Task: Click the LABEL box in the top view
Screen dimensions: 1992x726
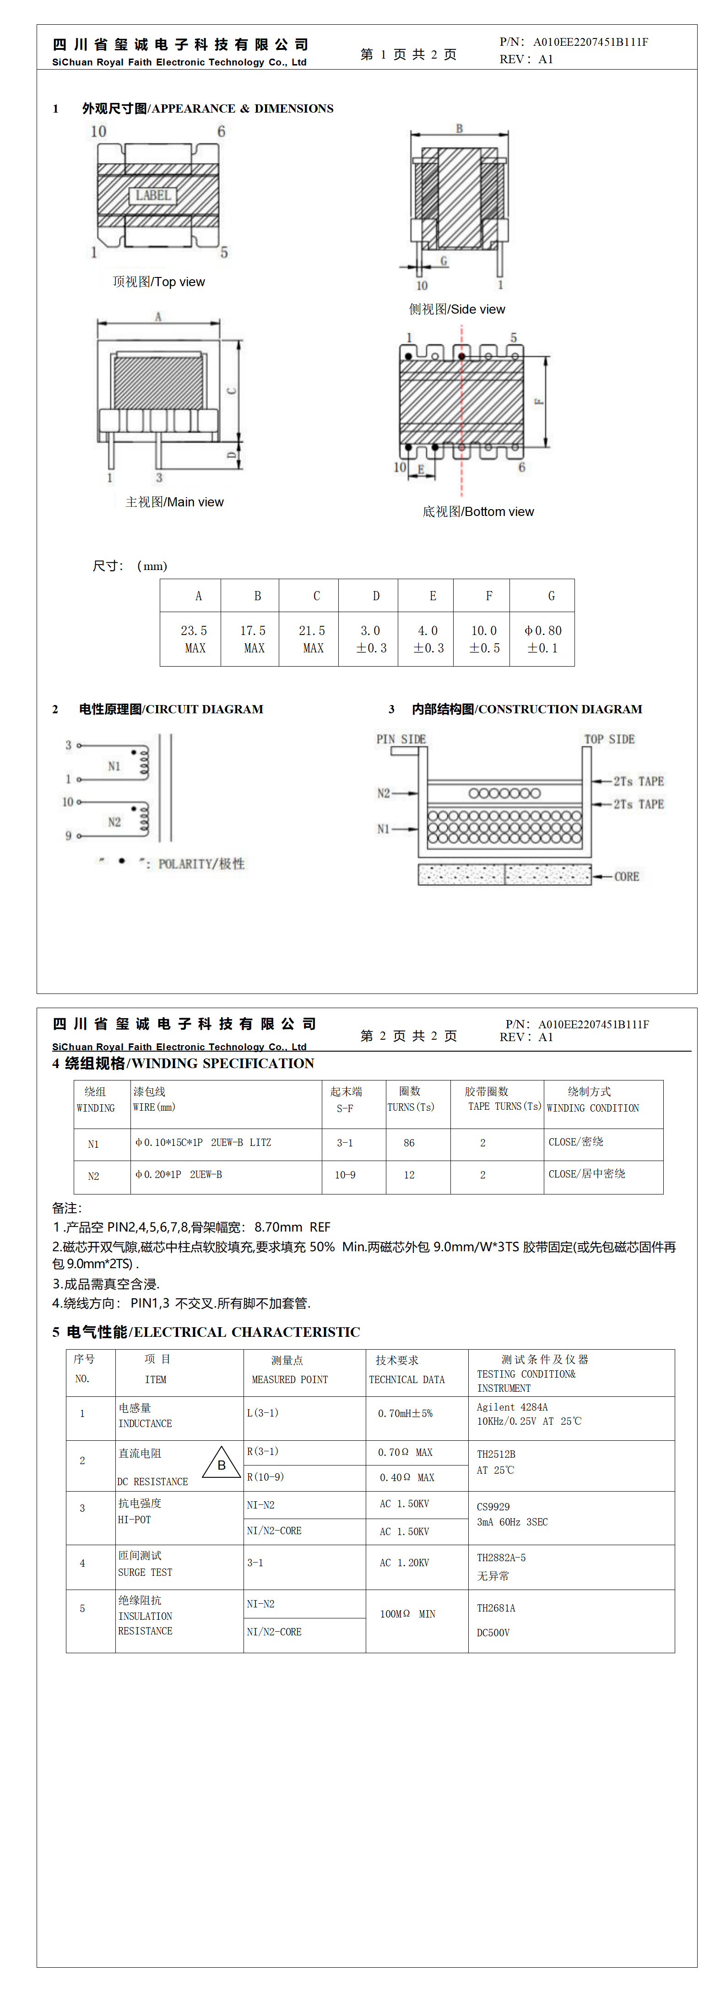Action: pos(153,195)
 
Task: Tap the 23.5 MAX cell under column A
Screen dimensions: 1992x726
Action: pos(194,639)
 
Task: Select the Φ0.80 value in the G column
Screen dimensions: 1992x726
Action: pos(543,630)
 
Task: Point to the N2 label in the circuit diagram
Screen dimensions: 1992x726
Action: pos(114,822)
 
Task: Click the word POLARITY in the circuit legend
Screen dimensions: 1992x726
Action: pos(185,864)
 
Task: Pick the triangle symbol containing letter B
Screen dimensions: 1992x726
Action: pos(221,1463)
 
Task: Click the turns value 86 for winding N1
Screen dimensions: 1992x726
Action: pos(409,1143)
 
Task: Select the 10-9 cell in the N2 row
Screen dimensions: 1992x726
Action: pos(345,1175)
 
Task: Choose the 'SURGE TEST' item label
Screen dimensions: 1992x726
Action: pos(146,1572)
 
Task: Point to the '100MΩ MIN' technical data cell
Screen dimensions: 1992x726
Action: pos(407,1614)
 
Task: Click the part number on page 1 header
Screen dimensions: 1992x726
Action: pos(590,42)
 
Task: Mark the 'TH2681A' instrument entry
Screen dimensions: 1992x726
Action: pos(496,1608)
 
